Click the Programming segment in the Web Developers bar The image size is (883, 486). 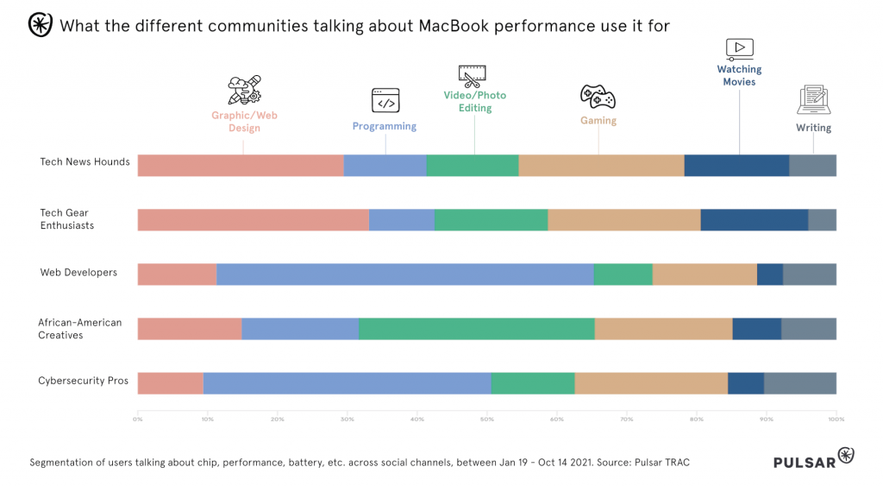tap(405, 275)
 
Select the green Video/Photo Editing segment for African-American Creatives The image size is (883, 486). tap(476, 329)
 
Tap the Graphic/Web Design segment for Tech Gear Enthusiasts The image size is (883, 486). tap(253, 220)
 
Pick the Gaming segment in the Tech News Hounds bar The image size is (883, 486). tap(601, 166)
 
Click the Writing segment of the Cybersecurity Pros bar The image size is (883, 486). tap(799, 383)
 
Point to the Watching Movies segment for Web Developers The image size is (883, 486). tap(769, 275)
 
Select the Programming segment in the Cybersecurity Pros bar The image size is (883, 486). tap(347, 383)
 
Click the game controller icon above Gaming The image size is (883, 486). tap(598, 95)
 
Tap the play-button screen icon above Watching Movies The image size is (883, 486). tap(739, 48)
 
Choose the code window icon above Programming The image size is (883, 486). tap(385, 100)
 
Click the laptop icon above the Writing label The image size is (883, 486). tap(813, 100)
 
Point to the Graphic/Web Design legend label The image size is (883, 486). tap(244, 122)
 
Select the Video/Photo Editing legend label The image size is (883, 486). tap(475, 101)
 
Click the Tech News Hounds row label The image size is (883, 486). tap(85, 161)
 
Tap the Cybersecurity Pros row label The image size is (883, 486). tap(83, 381)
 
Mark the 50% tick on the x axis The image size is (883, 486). tap(486, 420)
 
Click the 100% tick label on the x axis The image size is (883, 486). tap(835, 420)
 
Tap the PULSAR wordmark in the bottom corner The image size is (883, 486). tap(804, 462)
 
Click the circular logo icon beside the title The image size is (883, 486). tap(40, 25)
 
